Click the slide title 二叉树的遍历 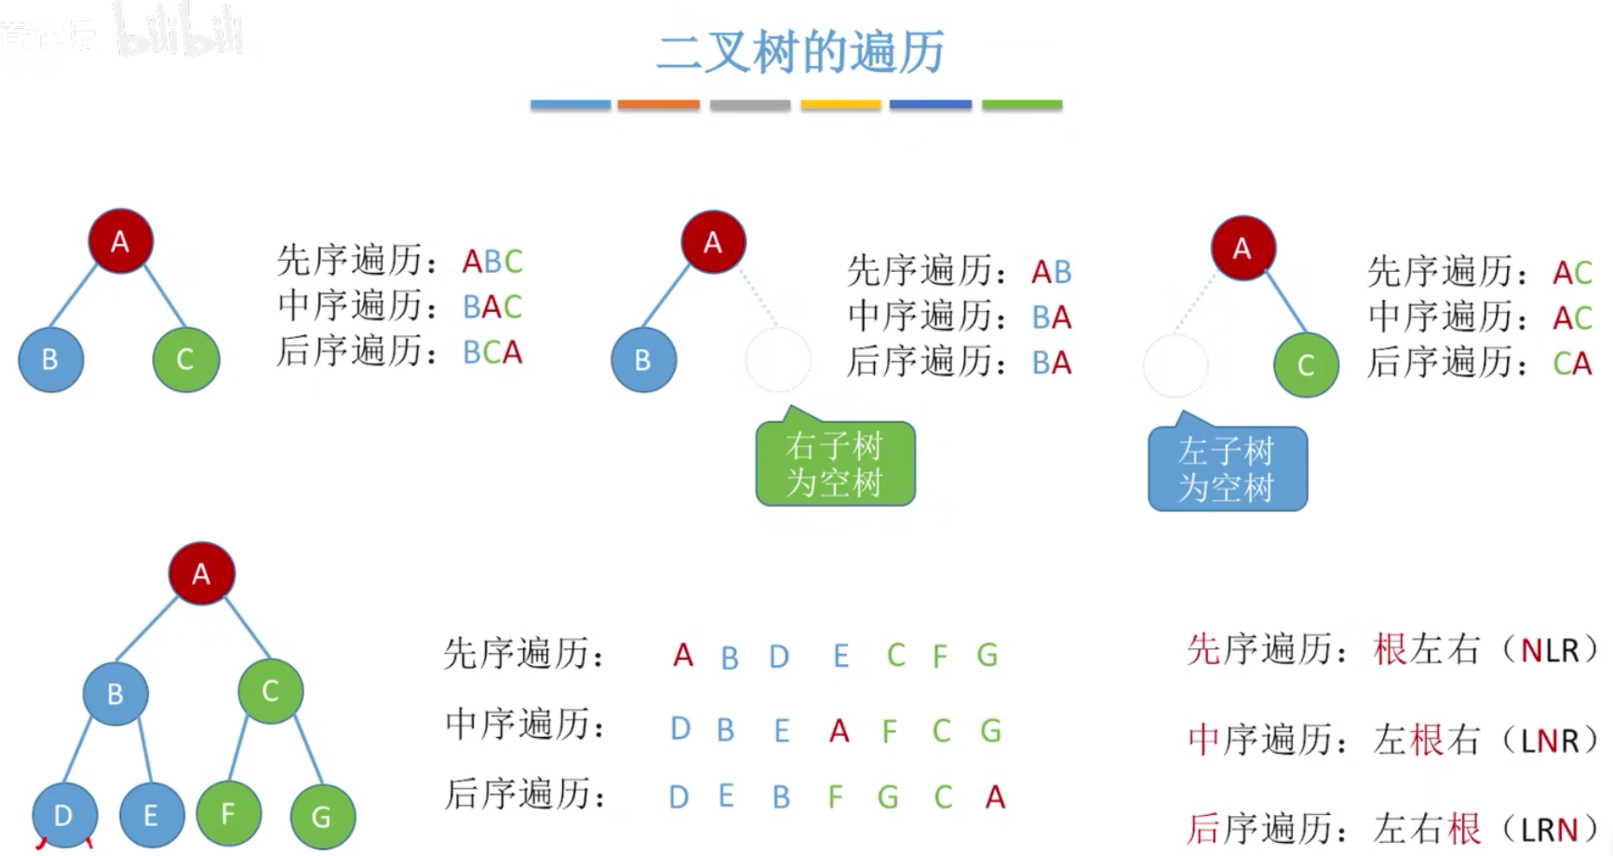pos(800,51)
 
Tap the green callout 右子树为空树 pos(835,464)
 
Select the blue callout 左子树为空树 pos(1227,469)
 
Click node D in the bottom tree pos(63,815)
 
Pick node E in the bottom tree pos(151,815)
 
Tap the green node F pos(228,813)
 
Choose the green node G pos(322,817)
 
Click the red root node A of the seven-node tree pos(201,574)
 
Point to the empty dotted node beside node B pos(778,360)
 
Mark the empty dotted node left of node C pos(1176,366)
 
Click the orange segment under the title pos(658,105)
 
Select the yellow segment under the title pos(840,105)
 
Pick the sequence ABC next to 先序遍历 pos(492,262)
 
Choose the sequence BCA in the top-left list pos(492,353)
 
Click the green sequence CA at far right pos(1572,363)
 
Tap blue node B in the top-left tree pos(50,360)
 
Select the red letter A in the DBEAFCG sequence pos(840,731)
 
